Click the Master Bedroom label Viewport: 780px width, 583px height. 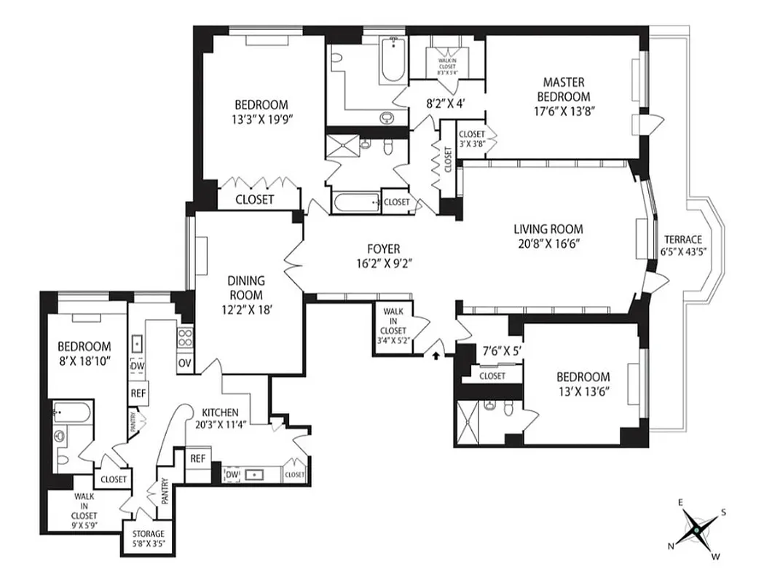click(563, 90)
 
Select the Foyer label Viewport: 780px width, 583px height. click(383, 249)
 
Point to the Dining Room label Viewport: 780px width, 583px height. click(245, 288)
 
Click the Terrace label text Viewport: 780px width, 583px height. click(682, 240)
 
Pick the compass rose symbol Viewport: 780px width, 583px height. click(698, 530)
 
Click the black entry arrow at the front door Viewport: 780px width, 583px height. click(436, 356)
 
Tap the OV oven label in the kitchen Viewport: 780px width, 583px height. click(184, 363)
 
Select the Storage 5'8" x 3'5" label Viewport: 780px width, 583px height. click(149, 538)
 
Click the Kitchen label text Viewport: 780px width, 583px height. click(221, 412)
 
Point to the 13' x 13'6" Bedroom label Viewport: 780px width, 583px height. click(583, 383)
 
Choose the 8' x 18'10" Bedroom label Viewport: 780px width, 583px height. click(84, 353)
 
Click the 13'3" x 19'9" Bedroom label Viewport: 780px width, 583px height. click(261, 111)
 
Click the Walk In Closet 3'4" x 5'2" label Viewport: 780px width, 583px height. click(393, 324)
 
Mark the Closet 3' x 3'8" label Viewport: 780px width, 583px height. click(472, 138)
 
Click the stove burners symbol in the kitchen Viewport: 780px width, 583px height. click(184, 337)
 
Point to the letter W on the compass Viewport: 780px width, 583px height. click(716, 557)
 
